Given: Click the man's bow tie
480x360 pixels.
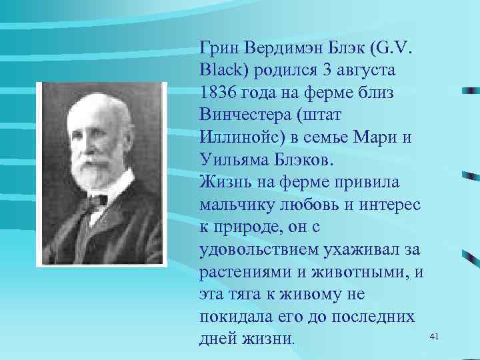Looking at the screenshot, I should [95, 199].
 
